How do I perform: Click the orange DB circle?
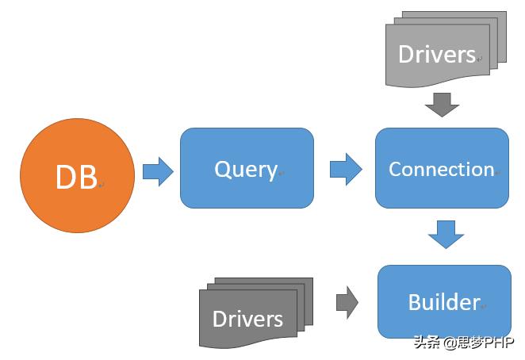78,175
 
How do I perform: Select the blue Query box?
247,168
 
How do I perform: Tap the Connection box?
442,168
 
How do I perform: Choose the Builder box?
444,301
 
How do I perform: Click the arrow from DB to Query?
158,171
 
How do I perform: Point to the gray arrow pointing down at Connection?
442,105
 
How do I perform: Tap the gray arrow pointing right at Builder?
347,302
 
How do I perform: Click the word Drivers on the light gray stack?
436,54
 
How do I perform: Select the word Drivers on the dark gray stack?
247,319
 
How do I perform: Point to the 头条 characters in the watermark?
427,342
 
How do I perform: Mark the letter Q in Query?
221,169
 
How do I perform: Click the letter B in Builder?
415,301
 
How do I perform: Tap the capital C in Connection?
395,169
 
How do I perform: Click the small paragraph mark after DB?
102,185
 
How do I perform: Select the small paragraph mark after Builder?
483,306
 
